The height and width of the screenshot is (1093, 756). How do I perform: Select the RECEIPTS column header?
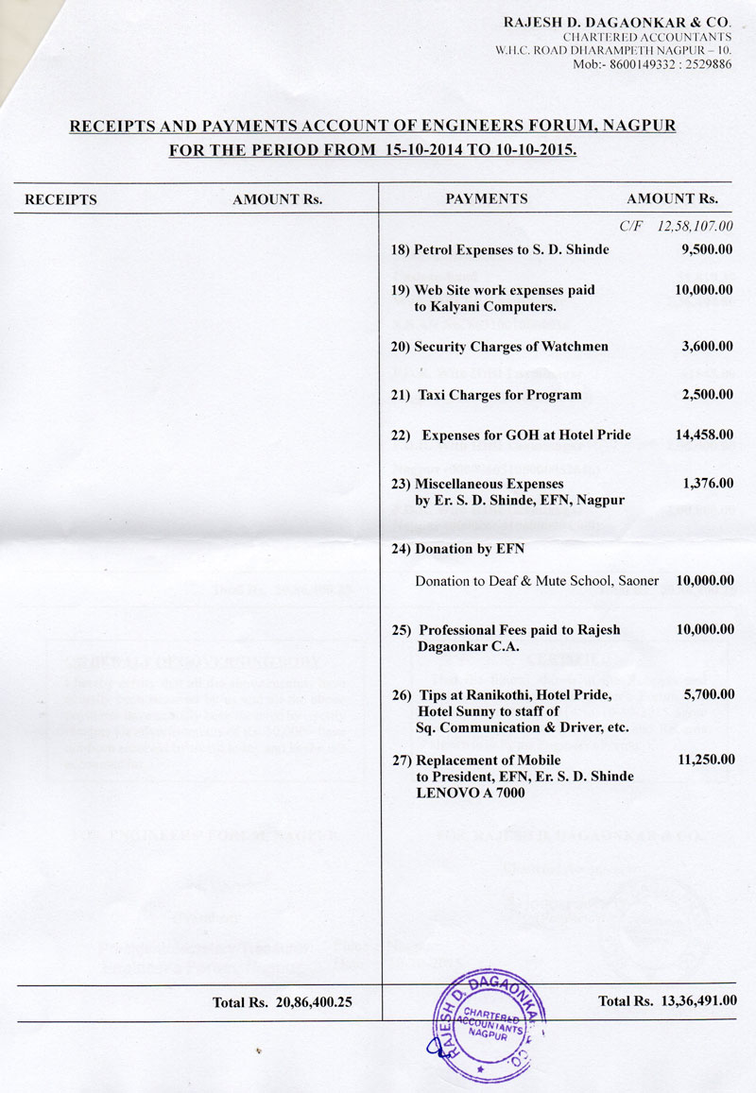click(60, 199)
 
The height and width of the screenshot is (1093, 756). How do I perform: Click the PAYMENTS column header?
click(486, 199)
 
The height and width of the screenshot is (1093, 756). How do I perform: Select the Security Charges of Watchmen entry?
click(499, 347)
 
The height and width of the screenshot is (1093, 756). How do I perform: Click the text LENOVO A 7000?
click(471, 794)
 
